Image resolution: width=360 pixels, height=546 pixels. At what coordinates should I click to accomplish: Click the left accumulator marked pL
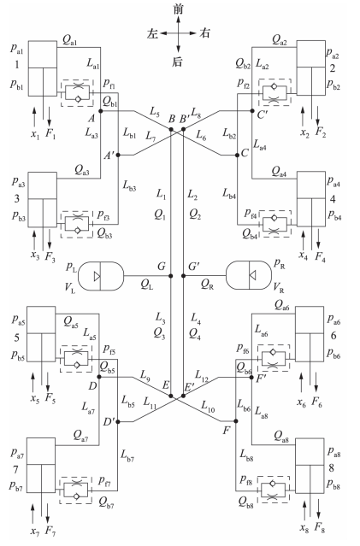(x=101, y=276)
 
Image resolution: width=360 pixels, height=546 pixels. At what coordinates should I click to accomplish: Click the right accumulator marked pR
(x=249, y=275)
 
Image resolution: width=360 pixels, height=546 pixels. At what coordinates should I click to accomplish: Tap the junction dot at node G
(x=171, y=276)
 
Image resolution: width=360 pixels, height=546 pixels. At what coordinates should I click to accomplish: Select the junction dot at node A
(x=100, y=111)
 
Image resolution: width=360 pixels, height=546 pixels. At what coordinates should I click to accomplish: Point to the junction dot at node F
(x=236, y=421)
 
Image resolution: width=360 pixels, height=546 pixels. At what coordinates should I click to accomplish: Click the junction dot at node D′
(x=118, y=422)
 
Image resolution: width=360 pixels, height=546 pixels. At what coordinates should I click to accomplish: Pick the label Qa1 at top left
(x=70, y=41)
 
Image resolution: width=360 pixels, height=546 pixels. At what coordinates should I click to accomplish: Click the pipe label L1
(x=161, y=194)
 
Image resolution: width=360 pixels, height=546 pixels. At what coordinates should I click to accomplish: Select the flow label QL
(x=147, y=285)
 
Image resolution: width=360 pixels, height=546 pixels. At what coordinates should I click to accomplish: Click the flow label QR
(x=207, y=285)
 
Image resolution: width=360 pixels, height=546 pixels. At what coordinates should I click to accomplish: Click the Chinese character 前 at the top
(x=178, y=9)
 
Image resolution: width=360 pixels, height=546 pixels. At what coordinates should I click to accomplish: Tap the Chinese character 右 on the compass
(x=205, y=33)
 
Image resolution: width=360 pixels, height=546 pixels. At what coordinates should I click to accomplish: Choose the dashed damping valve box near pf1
(x=77, y=93)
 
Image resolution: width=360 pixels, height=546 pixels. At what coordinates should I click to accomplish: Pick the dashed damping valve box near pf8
(x=274, y=490)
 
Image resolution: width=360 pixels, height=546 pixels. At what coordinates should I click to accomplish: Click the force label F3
(x=50, y=258)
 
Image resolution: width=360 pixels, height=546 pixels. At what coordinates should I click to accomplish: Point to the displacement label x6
(x=302, y=402)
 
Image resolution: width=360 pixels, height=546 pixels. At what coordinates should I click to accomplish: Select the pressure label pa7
(x=17, y=454)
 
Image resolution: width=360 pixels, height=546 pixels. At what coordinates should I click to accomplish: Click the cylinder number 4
(x=333, y=199)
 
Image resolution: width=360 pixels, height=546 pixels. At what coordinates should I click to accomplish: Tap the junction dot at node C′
(x=252, y=111)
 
